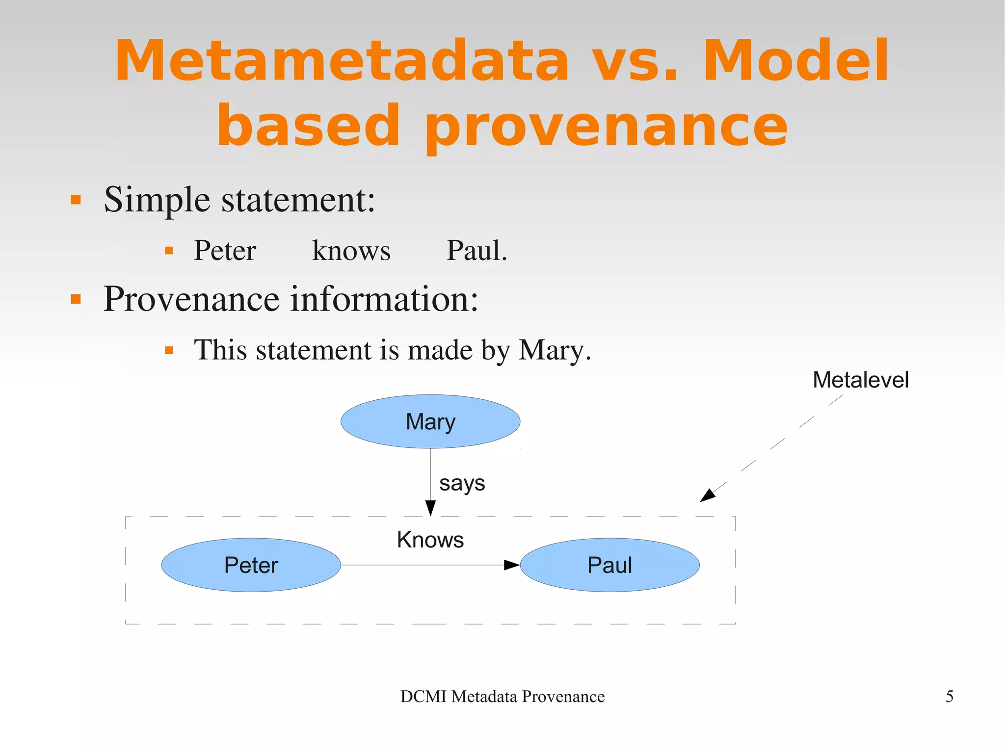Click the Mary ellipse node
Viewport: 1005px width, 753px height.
point(430,421)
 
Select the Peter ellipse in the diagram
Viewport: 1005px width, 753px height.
point(251,565)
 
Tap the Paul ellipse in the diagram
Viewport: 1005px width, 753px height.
point(609,565)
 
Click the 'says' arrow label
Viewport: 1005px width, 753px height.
point(462,484)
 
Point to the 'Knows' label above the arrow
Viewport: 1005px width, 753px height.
point(430,540)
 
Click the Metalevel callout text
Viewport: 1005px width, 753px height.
point(860,380)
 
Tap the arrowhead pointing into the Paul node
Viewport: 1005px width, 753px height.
point(512,565)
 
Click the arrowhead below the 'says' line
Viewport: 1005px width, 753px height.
point(430,508)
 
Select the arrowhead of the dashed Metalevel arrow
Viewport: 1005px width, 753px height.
point(707,495)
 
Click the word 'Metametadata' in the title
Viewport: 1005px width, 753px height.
point(342,61)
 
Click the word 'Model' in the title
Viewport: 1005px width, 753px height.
point(795,61)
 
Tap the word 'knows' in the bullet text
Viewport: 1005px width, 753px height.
point(351,251)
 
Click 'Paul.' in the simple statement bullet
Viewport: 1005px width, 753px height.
point(476,251)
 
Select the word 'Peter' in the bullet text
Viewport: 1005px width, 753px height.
point(225,251)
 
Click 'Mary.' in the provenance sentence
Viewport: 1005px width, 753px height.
point(555,351)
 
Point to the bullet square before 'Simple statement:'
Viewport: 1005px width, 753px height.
point(76,200)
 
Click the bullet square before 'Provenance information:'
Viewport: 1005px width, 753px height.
point(76,299)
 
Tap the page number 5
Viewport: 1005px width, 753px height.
point(950,697)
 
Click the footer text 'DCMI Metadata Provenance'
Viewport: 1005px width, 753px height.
point(502,697)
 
